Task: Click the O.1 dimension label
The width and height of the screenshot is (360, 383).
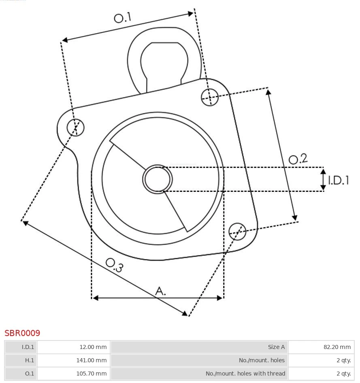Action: click(123, 18)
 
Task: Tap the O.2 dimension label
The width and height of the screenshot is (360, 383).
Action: click(298, 159)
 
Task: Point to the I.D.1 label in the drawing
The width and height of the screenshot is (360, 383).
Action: click(338, 180)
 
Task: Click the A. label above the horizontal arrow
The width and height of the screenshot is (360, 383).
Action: click(161, 291)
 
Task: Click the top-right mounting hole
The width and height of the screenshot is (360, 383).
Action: click(210, 97)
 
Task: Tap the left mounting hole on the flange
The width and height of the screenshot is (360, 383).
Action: click(75, 128)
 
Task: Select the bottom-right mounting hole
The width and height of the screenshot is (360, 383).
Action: click(237, 231)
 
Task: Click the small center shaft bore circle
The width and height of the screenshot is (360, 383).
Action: click(158, 179)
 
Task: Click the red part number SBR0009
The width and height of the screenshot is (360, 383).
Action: click(22, 333)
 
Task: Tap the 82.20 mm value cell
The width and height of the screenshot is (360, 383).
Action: click(321, 347)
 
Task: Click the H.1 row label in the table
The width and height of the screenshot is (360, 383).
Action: click(21, 360)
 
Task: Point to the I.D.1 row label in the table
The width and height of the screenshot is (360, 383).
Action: click(21, 347)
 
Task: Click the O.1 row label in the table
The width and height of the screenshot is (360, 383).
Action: click(21, 373)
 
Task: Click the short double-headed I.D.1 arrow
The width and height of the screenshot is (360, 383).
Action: click(323, 180)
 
